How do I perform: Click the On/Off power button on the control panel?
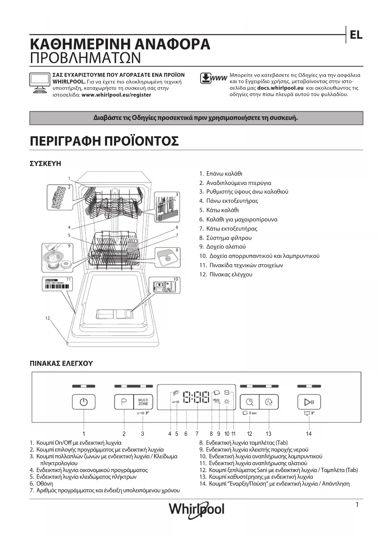tap(84, 402)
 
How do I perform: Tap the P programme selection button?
tap(124, 402)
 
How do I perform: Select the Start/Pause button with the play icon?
tap(309, 402)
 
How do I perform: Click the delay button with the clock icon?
tap(269, 402)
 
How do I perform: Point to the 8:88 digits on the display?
tap(196, 397)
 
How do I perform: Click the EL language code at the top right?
tap(356, 35)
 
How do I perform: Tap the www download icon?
tap(214, 78)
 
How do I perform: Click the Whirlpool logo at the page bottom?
tap(196, 509)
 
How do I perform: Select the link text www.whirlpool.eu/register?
tap(116, 95)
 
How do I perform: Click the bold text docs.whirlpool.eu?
tap(280, 88)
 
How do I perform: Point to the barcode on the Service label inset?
tap(57, 287)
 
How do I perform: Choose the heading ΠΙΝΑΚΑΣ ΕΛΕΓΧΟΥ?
tap(61, 364)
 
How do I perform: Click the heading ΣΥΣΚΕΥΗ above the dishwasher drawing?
tap(45, 164)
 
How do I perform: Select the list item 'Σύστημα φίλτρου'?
tap(229, 238)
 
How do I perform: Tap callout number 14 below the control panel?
tap(309, 434)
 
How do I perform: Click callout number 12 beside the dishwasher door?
tap(47, 318)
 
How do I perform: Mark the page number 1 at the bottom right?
tap(357, 505)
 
